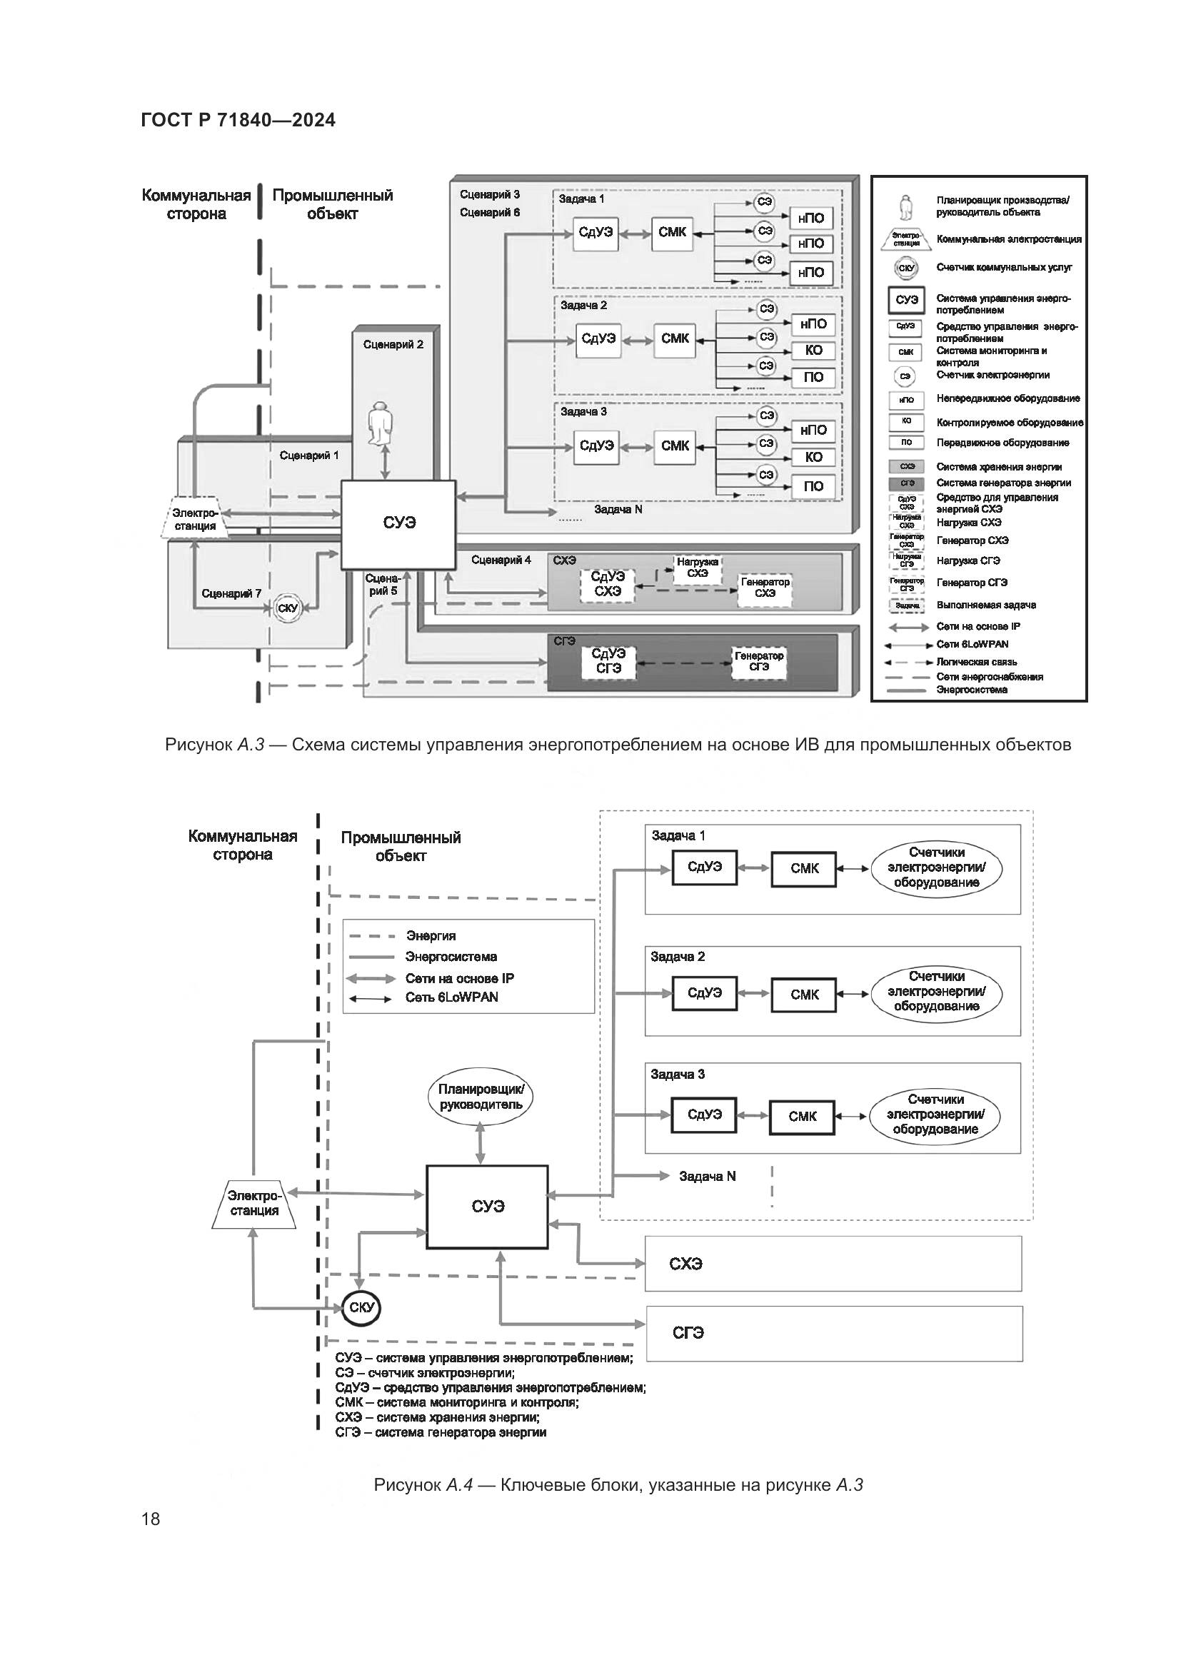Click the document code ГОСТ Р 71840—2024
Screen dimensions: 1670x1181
[x=238, y=120]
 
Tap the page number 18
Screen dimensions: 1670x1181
[x=151, y=1518]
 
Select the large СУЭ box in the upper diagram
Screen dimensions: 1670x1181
[x=398, y=523]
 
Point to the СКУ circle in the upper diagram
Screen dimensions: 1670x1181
[x=288, y=608]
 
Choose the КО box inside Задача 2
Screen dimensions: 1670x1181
[x=813, y=351]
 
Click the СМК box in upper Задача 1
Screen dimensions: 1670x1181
[x=672, y=233]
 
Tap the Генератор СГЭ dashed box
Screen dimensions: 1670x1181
[x=758, y=661]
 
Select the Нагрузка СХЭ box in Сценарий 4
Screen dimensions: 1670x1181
[x=697, y=568]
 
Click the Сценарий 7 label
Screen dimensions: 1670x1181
[x=231, y=593]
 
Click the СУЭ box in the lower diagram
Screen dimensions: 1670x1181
[x=486, y=1206]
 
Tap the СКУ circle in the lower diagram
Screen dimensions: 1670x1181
[x=361, y=1307]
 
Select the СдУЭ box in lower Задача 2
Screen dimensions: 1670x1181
[x=704, y=993]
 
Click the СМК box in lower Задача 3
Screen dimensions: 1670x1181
[x=802, y=1117]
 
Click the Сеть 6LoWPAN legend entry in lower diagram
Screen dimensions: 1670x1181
[x=451, y=997]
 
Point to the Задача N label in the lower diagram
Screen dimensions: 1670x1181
[x=707, y=1176]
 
